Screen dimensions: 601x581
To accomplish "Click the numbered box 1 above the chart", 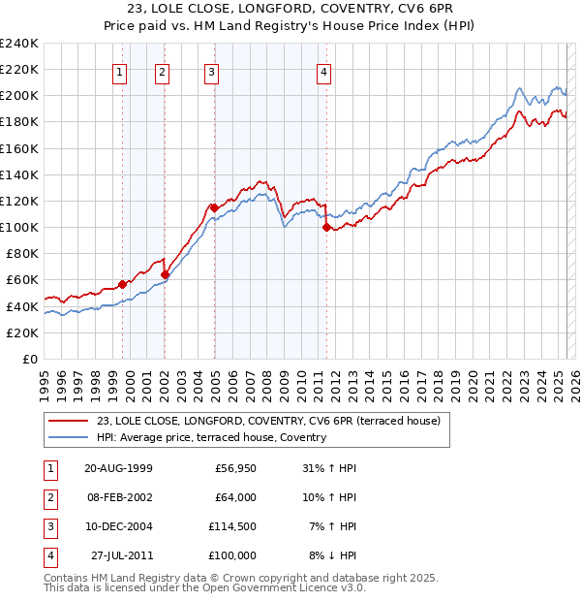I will coord(119,71).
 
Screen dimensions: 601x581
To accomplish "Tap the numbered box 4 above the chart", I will coord(324,71).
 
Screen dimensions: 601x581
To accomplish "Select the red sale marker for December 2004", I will coord(214,207).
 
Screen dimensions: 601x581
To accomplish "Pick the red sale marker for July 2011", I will coord(326,228).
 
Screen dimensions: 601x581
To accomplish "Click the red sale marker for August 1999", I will coord(123,284).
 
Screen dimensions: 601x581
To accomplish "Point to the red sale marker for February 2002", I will coord(165,274).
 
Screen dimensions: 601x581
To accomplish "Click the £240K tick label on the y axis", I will coord(19,44).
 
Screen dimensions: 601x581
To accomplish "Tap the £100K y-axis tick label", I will coord(19,227).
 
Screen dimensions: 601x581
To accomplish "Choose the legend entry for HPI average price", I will coord(211,437).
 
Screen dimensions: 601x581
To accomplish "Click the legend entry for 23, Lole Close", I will coord(268,421).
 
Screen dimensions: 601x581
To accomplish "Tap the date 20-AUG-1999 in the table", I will coord(118,468).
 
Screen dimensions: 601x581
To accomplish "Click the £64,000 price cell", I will coord(233,497).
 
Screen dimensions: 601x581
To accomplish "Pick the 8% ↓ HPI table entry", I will coord(333,555).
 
